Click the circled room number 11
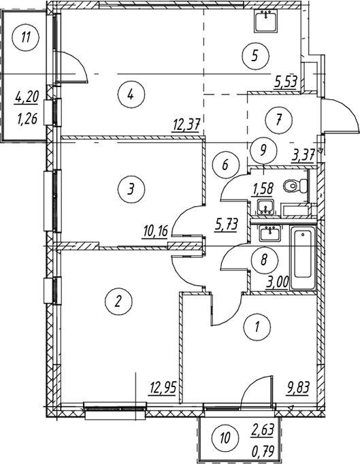point(26,37)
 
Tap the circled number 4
point(131,95)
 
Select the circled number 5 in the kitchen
point(255,56)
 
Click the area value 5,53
point(285,81)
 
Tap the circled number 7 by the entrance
point(279,120)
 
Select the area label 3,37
point(302,154)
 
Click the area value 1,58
point(262,188)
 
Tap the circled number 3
point(131,188)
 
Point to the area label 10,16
point(155,231)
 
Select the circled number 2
point(118,301)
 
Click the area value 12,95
point(163,387)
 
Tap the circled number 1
point(257,327)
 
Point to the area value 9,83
point(297,388)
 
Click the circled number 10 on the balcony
point(225,438)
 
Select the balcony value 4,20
point(27,97)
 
